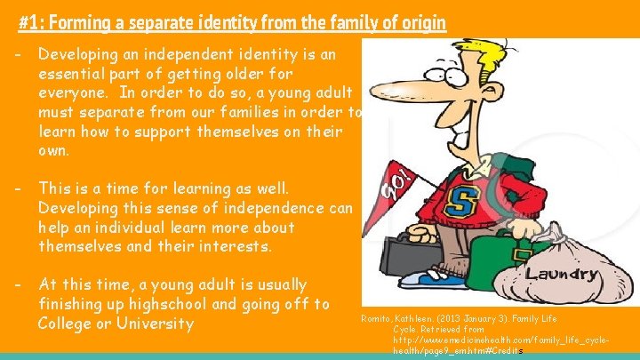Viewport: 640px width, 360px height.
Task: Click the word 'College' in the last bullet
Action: [68, 323]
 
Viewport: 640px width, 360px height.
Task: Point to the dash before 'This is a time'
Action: [19, 189]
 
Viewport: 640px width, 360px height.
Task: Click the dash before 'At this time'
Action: [19, 285]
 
